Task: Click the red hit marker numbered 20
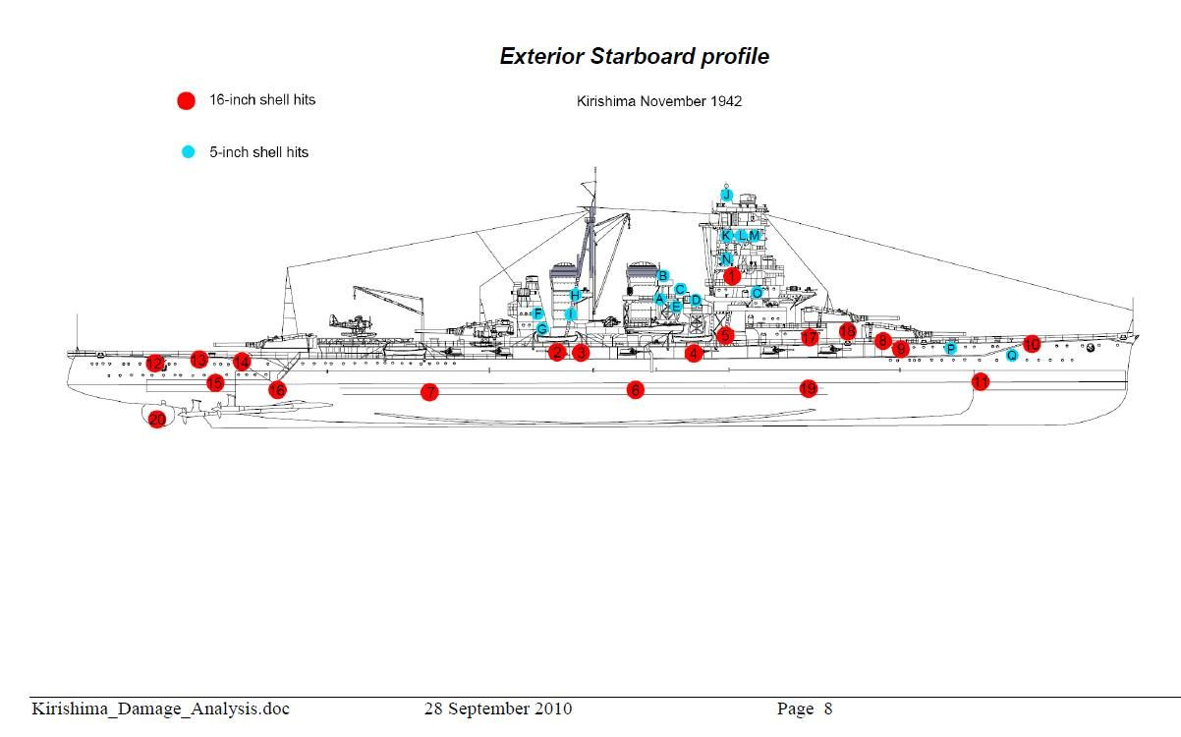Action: [x=157, y=420]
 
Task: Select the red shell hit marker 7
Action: [x=428, y=392]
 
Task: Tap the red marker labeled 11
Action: [x=980, y=381]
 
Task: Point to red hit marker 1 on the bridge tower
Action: [x=731, y=276]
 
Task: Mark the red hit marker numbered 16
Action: [x=277, y=390]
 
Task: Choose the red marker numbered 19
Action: [x=808, y=389]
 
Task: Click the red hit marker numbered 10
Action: [x=1031, y=344]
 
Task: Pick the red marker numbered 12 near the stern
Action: [x=154, y=364]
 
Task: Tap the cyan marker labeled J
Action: [x=727, y=195]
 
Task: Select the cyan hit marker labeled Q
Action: [x=1012, y=355]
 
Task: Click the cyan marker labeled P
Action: [x=950, y=348]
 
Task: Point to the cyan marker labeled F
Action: [x=538, y=313]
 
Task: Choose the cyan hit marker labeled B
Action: [x=663, y=276]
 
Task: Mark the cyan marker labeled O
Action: [x=757, y=292]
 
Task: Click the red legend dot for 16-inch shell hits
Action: [x=186, y=100]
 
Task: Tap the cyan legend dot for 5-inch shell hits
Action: [x=188, y=151]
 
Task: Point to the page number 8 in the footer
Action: [x=828, y=709]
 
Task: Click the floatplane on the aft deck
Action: [x=339, y=324]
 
